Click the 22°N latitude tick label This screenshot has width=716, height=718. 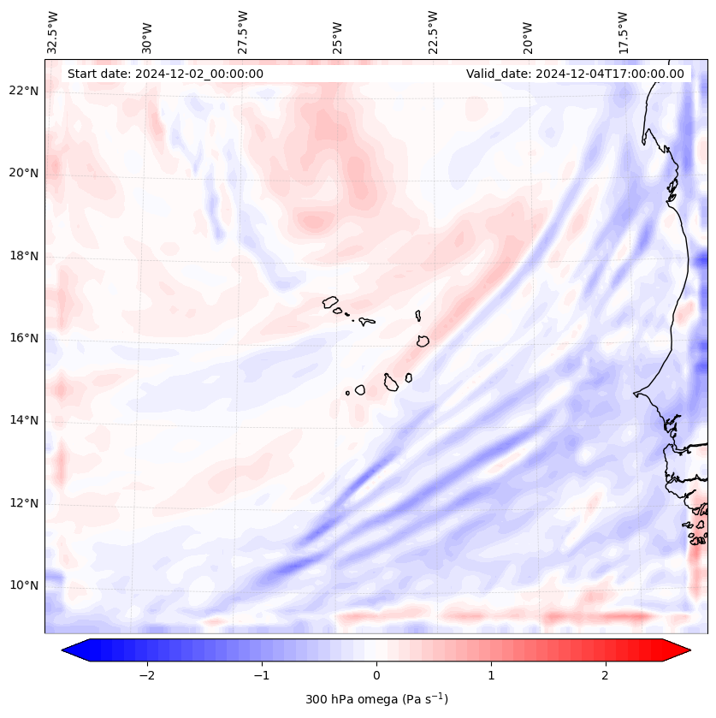tap(24, 91)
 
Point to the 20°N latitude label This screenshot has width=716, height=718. tap(24, 173)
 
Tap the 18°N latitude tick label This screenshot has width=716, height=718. tap(24, 256)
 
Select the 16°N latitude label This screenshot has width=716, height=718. tap(24, 338)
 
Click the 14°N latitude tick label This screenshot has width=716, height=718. tap(24, 420)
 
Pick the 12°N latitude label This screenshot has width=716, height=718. tap(24, 503)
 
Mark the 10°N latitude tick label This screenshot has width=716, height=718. tap(24, 585)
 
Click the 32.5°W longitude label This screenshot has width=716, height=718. tap(53, 33)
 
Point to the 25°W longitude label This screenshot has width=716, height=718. tap(338, 38)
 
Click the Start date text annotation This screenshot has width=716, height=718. tap(165, 74)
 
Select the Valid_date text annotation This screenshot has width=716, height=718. tap(575, 74)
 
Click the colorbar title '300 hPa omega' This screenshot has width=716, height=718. tap(376, 699)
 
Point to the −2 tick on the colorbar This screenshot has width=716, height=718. tap(146, 675)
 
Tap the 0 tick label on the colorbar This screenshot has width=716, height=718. tap(376, 675)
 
